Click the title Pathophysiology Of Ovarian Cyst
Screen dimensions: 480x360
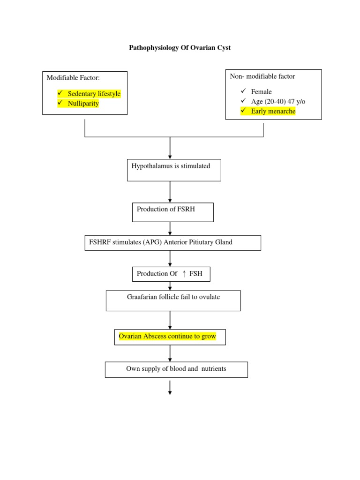pos(180,48)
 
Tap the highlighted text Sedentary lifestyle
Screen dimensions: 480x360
pos(94,94)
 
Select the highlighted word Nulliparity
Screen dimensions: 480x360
pos(83,103)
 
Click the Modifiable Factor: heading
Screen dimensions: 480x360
pos(73,77)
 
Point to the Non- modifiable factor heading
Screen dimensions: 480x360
pos(262,76)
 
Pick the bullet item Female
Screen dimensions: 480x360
pos(261,92)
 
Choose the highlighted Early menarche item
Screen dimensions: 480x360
pos(273,111)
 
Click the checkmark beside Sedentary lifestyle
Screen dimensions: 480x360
pos(60,94)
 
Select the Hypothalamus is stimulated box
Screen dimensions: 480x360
pos(174,170)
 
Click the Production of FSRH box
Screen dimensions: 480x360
pos(172,212)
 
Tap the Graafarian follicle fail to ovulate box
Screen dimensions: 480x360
pos(173,300)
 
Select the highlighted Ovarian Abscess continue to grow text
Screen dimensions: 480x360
pos(167,337)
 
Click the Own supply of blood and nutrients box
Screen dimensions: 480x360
pos(176,369)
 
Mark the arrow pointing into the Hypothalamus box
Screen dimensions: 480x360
pos(170,149)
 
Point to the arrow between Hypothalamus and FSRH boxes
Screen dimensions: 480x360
pos(170,192)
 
